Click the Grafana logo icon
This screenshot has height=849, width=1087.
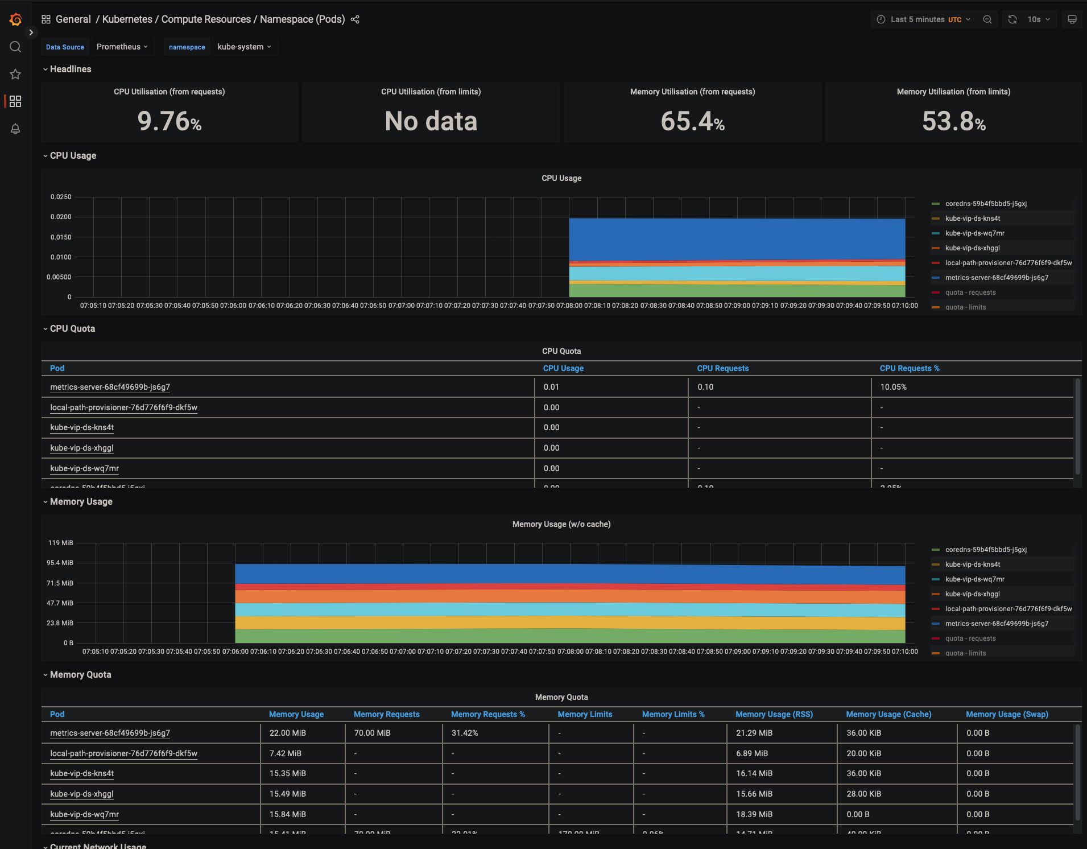click(15, 20)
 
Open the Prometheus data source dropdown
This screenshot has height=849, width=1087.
click(122, 47)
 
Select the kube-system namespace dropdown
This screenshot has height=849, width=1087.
click(244, 47)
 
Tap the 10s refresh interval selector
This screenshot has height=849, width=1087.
click(1038, 19)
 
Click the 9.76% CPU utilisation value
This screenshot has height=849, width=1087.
click(170, 121)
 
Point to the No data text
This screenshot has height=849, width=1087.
click(431, 121)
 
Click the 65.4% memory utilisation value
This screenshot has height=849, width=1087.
click(692, 121)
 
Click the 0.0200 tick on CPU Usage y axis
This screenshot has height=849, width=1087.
click(61, 217)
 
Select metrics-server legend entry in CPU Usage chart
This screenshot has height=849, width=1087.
click(997, 278)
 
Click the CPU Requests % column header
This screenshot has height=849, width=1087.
click(909, 368)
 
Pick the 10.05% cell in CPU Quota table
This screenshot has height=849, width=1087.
click(893, 387)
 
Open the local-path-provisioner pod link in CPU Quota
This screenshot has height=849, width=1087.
click(123, 407)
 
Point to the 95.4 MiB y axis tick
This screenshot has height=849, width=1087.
click(60, 563)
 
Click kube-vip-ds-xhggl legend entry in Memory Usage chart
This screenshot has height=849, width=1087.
click(972, 594)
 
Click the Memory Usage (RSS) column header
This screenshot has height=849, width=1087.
click(774, 714)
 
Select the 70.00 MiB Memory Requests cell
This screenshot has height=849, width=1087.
click(372, 733)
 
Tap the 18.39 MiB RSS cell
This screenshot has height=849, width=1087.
click(754, 814)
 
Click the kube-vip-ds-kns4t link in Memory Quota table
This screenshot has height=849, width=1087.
click(82, 773)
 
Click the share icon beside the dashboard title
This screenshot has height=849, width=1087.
click(355, 19)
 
